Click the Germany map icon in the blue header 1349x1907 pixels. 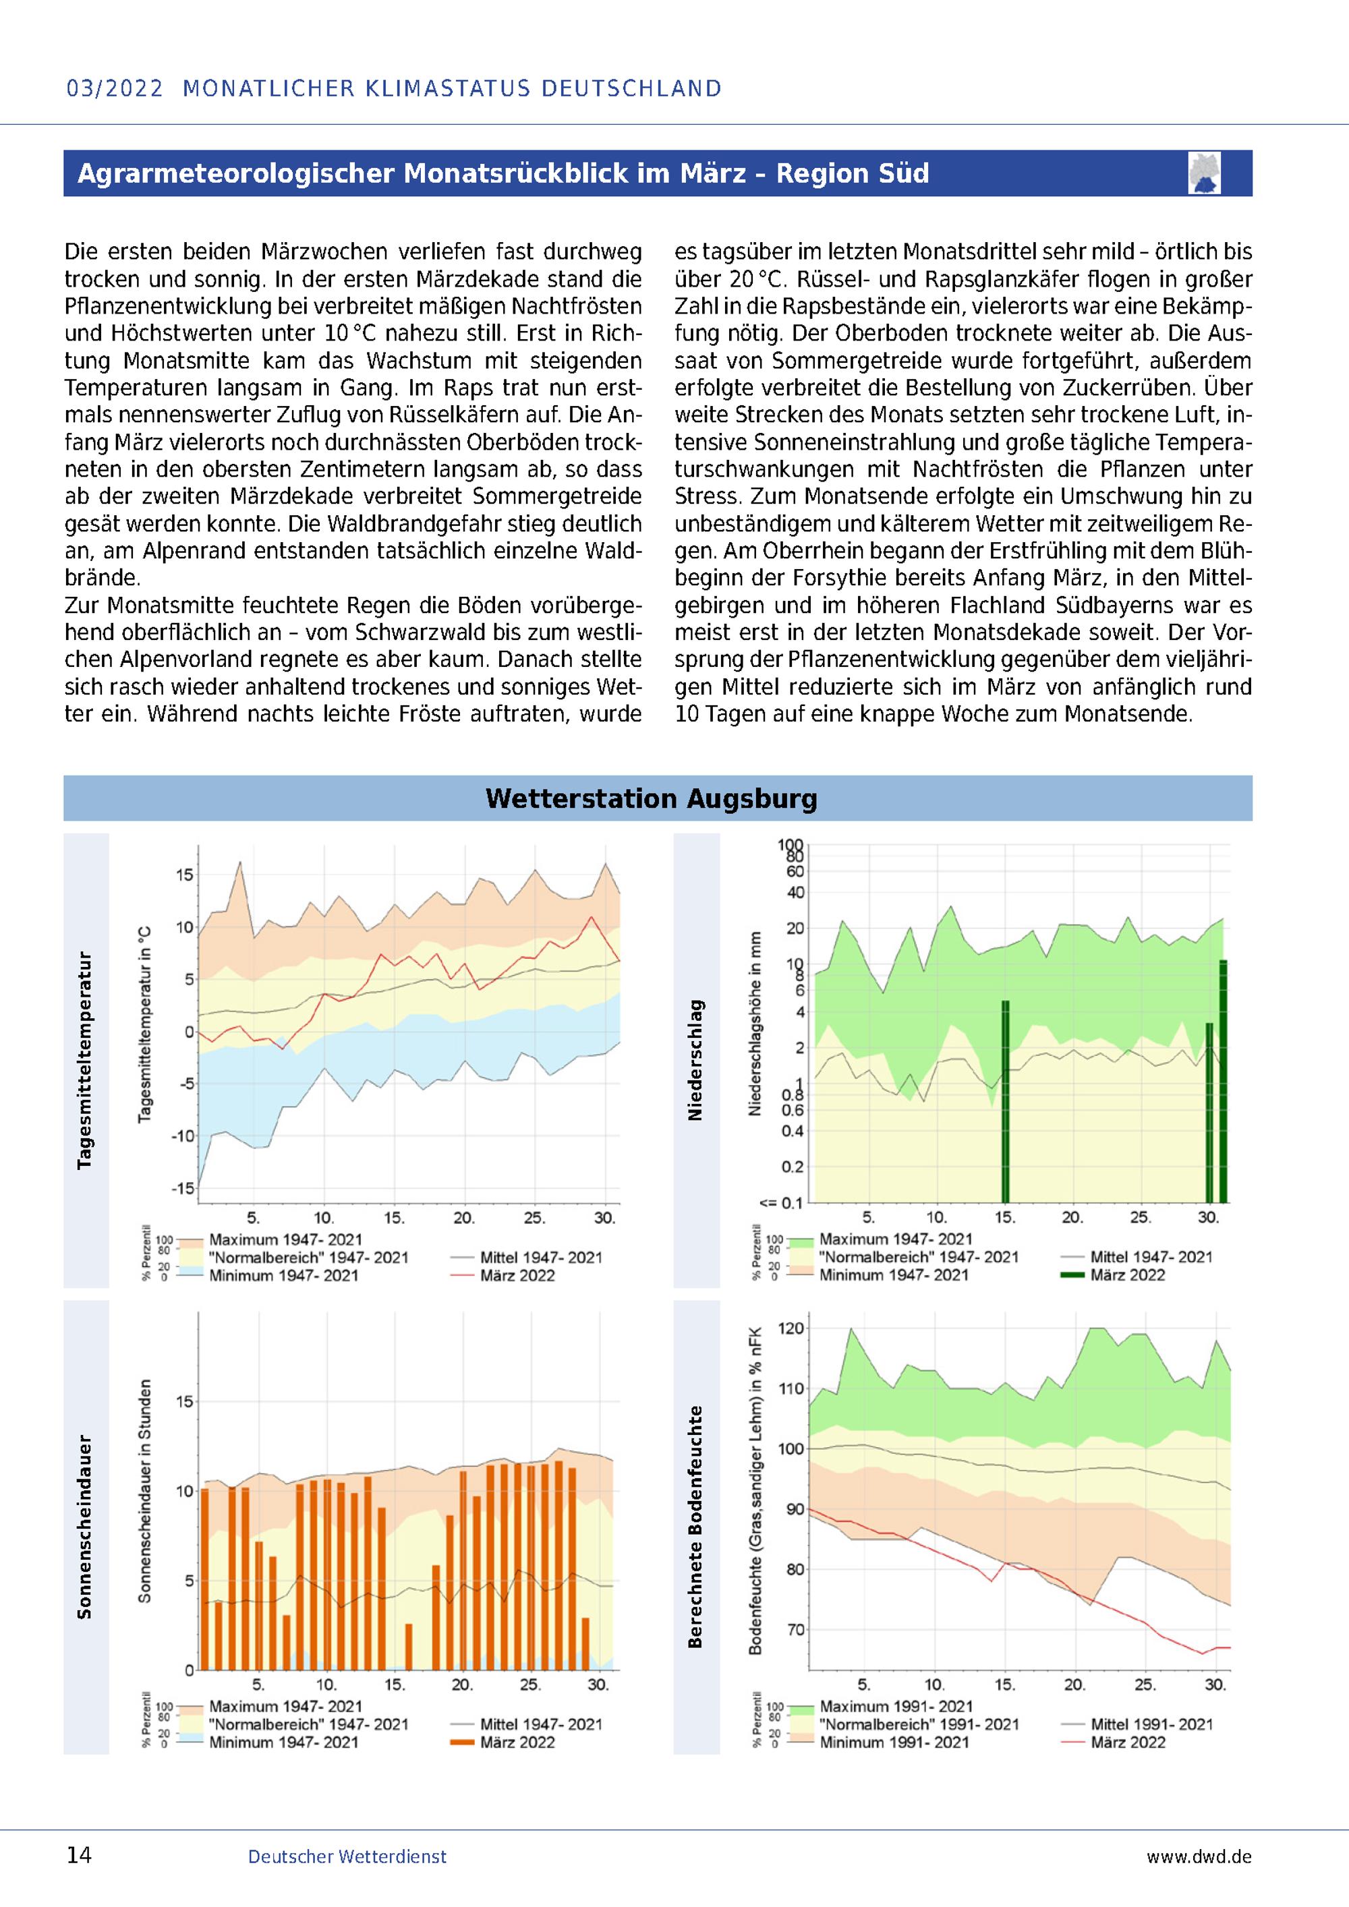pos(1205,173)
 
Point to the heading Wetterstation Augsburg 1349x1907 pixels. pos(652,798)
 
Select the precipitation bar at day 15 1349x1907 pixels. pos(1005,1101)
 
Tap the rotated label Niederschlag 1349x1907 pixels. pos(696,1061)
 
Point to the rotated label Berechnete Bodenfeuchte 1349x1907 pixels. pos(696,1527)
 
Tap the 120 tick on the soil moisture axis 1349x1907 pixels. pos(792,1328)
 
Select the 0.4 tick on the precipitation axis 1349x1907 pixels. pos(793,1130)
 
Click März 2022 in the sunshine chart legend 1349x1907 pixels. pos(517,1742)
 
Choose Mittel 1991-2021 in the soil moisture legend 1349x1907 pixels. pos(1151,1724)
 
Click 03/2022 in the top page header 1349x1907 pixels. pos(115,88)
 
